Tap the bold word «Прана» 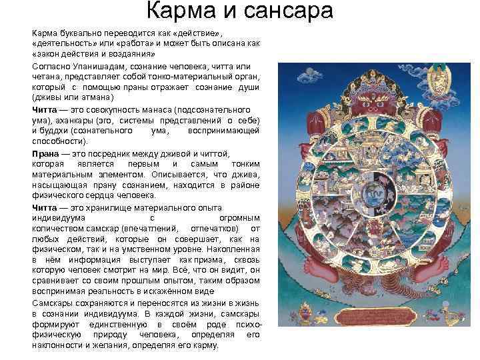point(45,154)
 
